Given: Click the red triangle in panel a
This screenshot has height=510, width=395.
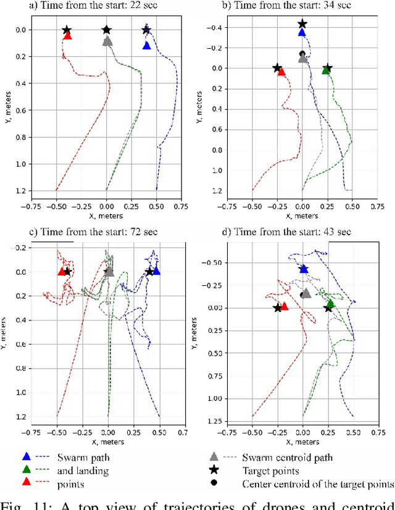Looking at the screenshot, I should tap(68, 36).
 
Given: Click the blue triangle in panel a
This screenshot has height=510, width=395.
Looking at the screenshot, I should tap(147, 45).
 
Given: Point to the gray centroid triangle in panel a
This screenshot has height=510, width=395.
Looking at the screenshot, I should tap(107, 41).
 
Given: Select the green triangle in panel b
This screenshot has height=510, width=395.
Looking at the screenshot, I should tap(326, 70).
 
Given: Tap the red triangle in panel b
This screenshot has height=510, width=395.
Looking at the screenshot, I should tap(281, 72).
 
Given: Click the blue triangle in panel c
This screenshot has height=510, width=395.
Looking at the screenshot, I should tap(156, 270).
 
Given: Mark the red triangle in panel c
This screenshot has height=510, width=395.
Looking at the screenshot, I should tap(62, 271).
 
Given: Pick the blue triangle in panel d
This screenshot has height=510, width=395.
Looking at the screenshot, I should tap(303, 269).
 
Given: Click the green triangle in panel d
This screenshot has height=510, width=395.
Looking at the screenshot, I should tap(330, 304).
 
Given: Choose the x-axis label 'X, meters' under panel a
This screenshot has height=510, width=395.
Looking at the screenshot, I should tap(106, 216).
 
